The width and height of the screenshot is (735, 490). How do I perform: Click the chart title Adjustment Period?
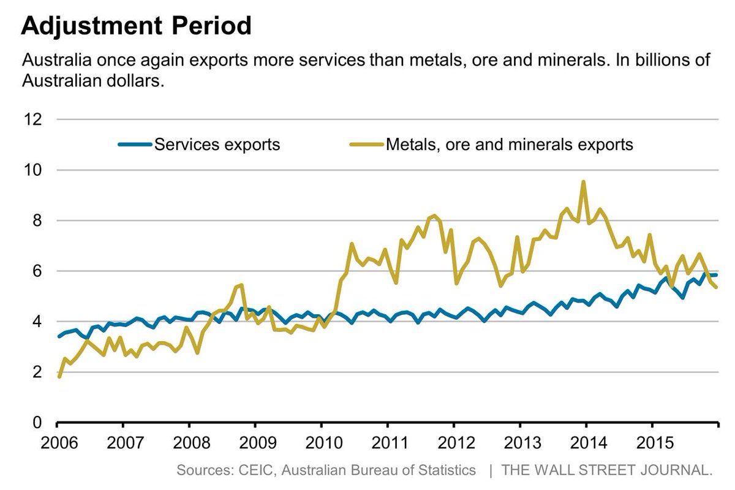click(136, 26)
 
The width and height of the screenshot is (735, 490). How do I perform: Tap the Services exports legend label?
click(217, 145)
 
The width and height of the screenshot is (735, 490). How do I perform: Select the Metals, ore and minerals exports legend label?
click(509, 145)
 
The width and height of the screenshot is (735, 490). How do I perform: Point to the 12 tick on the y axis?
click(34, 119)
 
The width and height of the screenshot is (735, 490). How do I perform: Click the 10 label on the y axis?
click(34, 170)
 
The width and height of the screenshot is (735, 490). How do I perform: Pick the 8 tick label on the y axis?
click(37, 221)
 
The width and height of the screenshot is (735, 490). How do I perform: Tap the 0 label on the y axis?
click(37, 423)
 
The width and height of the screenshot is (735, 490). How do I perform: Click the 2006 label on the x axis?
click(56, 442)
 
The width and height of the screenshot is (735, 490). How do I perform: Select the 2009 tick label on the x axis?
click(255, 442)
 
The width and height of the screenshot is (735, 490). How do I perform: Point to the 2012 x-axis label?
click(453, 442)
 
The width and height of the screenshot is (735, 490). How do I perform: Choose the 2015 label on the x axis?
click(652, 442)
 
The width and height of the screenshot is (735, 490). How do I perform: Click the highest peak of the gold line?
click(583, 182)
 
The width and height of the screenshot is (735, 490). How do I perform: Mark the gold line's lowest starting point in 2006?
click(59, 376)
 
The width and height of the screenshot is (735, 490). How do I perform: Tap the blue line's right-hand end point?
click(716, 275)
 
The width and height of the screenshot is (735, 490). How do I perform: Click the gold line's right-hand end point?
click(716, 287)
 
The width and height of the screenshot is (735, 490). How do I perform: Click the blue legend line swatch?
click(134, 145)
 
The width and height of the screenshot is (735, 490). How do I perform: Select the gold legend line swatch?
click(366, 145)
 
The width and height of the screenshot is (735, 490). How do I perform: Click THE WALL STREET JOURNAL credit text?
click(607, 470)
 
